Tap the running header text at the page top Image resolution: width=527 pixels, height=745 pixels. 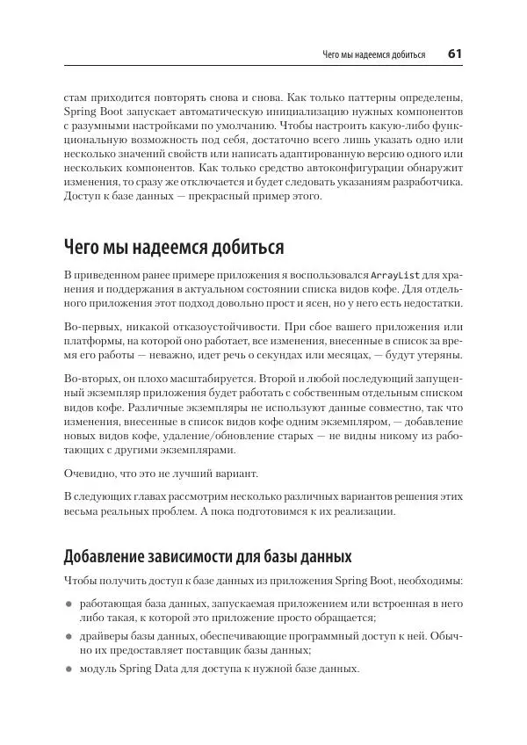[x=374, y=55]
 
